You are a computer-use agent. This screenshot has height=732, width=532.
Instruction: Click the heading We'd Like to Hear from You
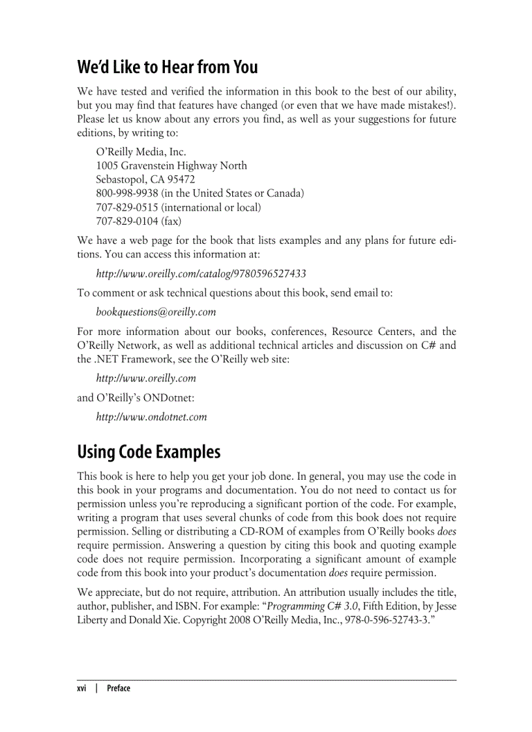tap(168, 67)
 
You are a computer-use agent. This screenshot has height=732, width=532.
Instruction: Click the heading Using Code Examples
tap(149, 452)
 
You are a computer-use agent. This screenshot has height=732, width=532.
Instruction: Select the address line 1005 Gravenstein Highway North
tap(171, 166)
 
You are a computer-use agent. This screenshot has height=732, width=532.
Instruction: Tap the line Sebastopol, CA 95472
tap(145, 179)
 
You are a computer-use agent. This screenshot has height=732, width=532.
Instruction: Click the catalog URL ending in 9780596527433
tap(201, 273)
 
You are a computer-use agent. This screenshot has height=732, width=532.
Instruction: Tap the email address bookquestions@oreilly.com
tap(156, 312)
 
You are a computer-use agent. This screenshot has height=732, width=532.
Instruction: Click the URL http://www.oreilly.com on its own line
tap(145, 378)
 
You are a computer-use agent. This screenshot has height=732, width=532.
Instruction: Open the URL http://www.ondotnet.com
tap(151, 417)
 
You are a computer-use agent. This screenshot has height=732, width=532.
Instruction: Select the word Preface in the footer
tap(118, 688)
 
